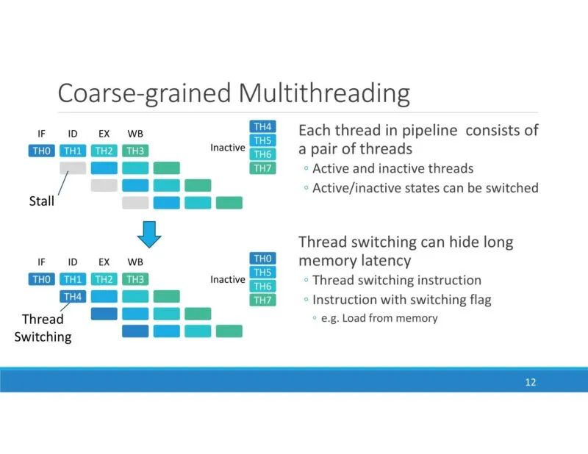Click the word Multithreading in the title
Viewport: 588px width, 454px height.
323,93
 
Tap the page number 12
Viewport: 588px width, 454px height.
531,383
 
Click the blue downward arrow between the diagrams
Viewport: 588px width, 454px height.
150,234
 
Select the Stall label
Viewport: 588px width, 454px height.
42,201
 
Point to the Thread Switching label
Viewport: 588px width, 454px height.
43,328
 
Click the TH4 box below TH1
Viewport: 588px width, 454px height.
73,296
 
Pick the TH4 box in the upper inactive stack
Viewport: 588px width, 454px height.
262,126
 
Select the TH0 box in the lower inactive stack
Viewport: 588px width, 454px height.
262,259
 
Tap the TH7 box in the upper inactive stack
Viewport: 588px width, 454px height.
262,168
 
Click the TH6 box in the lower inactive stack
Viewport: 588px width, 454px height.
262,286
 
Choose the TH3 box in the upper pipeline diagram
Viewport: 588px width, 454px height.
135,151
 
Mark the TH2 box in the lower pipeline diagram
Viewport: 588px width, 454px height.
104,279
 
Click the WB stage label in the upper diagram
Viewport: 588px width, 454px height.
135,134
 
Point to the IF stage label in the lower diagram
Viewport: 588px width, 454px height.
41,262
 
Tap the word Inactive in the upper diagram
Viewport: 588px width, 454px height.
228,148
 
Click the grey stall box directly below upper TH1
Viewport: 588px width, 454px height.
73,167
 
